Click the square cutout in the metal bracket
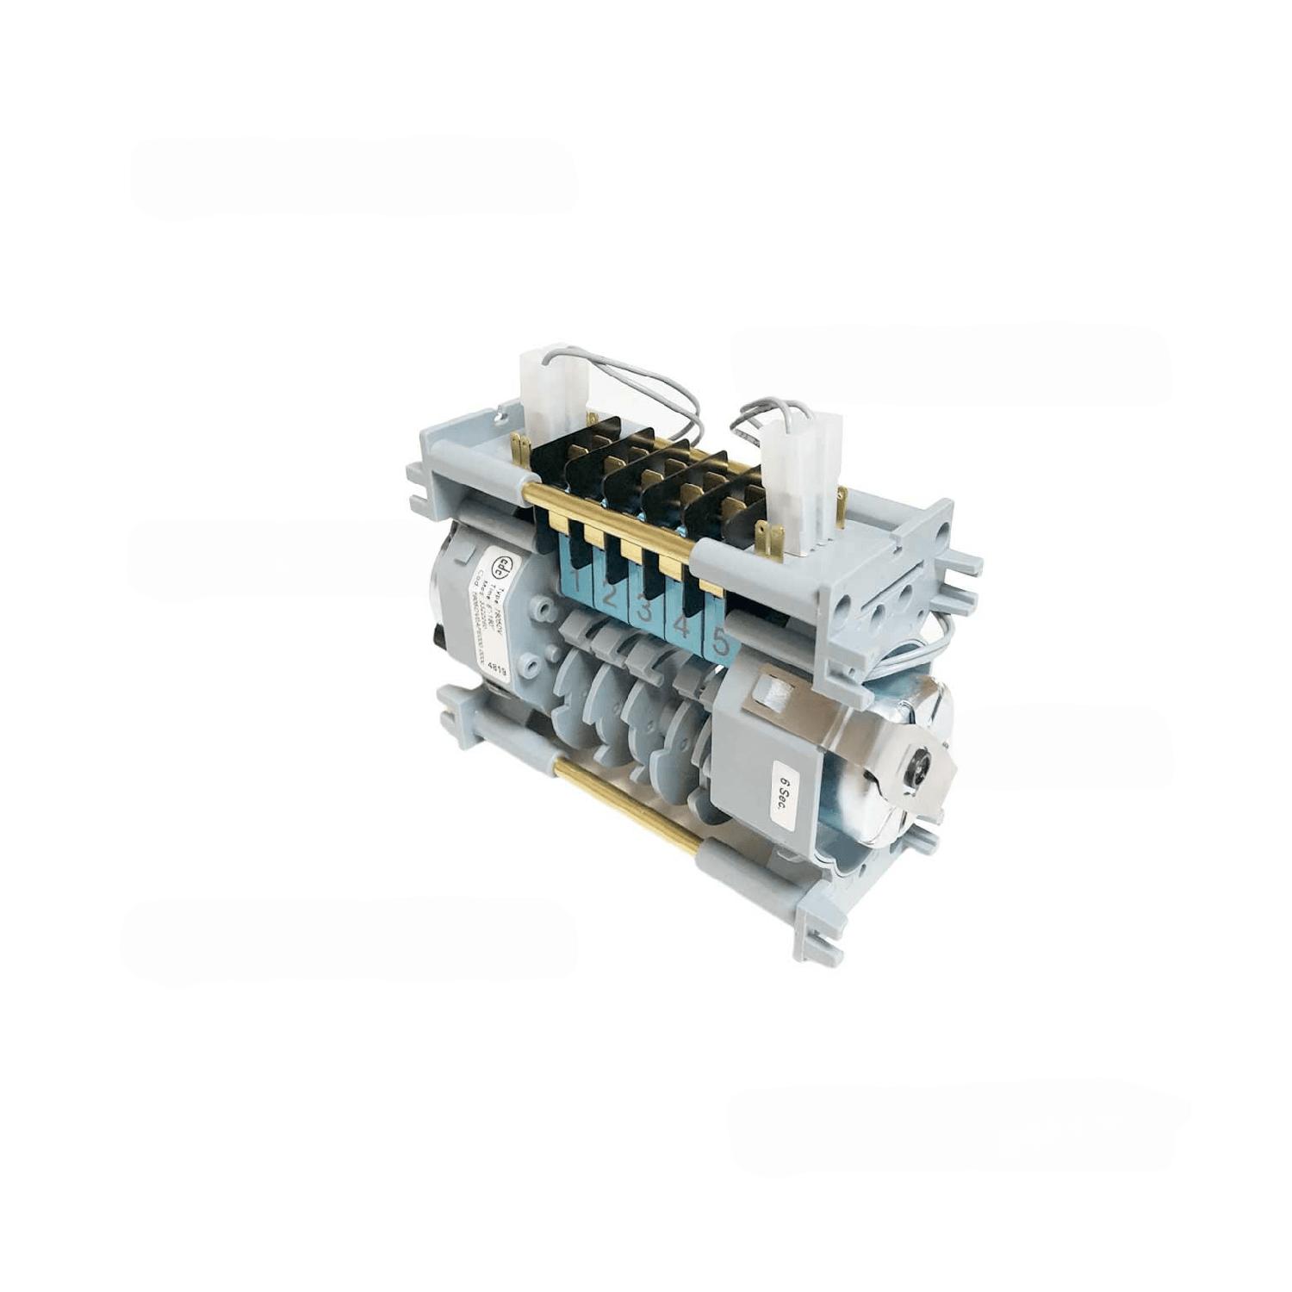[x=773, y=693]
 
